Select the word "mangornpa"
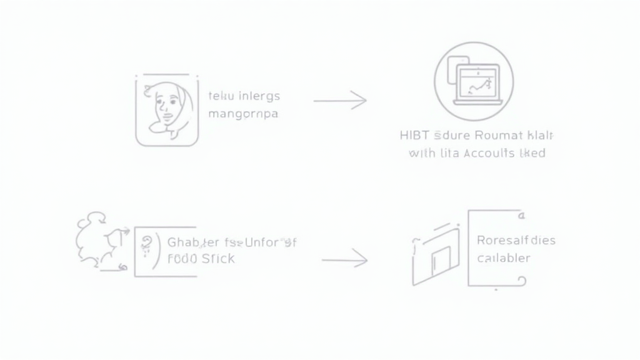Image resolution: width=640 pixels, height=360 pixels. pyautogui.click(x=243, y=115)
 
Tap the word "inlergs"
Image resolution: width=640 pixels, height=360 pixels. pyautogui.click(x=258, y=96)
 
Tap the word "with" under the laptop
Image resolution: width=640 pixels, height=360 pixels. pyautogui.click(x=422, y=153)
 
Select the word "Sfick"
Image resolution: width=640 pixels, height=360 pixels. pyautogui.click(x=218, y=259)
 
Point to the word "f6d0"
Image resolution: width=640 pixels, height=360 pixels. pyautogui.click(x=182, y=259)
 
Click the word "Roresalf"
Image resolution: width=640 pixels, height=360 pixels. pyautogui.click(x=503, y=240)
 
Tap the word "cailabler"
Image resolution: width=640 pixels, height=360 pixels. pyautogui.click(x=503, y=258)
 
